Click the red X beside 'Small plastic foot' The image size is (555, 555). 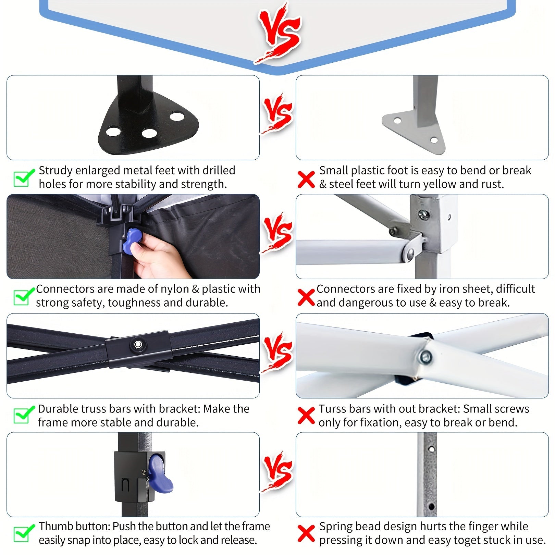point(306,180)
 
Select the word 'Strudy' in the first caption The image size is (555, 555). point(56,171)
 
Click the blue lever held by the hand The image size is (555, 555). point(132,241)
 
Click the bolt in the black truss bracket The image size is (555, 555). point(138,344)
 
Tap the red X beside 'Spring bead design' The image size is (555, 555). point(306,534)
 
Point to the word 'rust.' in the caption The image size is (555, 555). point(492,184)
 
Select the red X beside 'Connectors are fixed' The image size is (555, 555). point(306,297)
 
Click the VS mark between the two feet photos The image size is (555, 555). point(277,113)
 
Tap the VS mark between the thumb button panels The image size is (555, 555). point(277,471)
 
